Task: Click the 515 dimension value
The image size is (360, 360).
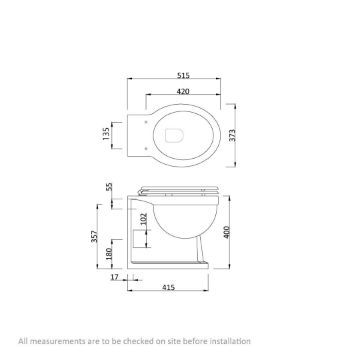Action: pyautogui.click(x=183, y=76)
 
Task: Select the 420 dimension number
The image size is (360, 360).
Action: pyautogui.click(x=183, y=91)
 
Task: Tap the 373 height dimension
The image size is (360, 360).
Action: pyautogui.click(x=232, y=135)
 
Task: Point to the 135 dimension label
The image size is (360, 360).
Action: pyautogui.click(x=106, y=133)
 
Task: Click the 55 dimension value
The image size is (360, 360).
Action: pyautogui.click(x=109, y=187)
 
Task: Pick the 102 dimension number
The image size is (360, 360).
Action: pyautogui.click(x=143, y=219)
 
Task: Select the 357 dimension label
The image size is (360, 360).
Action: pyautogui.click(x=95, y=236)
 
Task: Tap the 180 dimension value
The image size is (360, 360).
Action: pyautogui.click(x=109, y=254)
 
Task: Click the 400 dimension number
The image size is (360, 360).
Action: pyautogui.click(x=227, y=232)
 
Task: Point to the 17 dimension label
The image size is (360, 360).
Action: pyautogui.click(x=115, y=277)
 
